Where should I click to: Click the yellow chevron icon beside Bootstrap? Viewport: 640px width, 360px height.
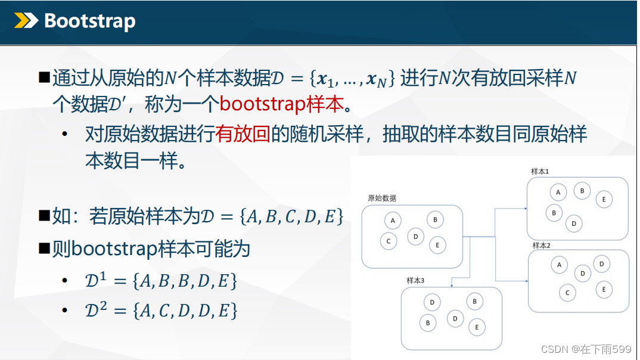26,20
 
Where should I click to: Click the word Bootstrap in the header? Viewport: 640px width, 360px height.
90,21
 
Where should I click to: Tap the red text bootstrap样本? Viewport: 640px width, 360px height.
282,104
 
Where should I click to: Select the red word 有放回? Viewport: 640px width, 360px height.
243,134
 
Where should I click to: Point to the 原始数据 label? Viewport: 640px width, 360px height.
381,198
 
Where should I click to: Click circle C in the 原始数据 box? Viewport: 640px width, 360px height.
389,241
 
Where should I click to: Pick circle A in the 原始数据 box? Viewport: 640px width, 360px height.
393,221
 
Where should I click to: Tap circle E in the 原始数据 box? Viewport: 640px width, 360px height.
437,246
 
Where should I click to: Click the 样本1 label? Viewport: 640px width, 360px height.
540,172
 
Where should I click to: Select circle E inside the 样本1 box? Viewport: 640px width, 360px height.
604,200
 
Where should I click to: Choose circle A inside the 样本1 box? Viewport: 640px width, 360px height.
558,193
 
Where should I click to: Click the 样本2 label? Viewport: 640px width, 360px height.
541,246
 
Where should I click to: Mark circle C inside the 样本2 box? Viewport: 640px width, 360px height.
567,293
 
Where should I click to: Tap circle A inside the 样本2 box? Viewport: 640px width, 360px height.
559,265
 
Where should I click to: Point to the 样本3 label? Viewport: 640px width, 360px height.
415,280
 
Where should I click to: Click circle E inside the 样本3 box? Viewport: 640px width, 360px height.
477,327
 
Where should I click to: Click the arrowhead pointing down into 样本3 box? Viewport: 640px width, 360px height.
452,285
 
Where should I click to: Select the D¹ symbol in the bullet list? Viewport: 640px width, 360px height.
95,280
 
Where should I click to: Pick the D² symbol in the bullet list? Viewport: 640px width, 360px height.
96,310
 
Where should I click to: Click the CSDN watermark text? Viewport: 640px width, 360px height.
586,349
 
